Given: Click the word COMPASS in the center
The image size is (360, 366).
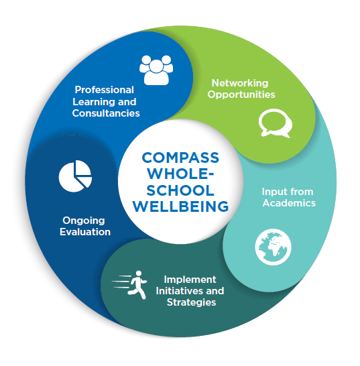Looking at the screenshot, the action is coord(180,158).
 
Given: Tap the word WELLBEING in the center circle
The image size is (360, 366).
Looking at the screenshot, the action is coord(180,206).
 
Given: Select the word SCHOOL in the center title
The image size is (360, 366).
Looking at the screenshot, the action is coord(180,190).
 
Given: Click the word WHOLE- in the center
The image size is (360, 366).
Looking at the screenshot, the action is coord(180,174).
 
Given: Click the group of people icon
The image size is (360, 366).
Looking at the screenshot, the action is coord(156,70).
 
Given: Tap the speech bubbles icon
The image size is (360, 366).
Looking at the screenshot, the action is coord(276,123).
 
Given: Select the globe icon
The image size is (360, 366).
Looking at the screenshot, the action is coord(273,247).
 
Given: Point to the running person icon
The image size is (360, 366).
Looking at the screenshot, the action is coord(130,285).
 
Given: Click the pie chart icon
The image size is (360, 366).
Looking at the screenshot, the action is coord(75,176).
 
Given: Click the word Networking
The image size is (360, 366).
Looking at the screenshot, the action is coord(240,83).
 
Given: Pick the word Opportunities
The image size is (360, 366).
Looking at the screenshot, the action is coord(241,95).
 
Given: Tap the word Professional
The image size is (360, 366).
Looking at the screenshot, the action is coord(105,90).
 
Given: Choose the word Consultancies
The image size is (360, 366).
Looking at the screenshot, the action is coord(106,113).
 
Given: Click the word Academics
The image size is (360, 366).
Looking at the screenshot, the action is coord(289,203).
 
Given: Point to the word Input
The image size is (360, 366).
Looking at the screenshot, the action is coord(273,192).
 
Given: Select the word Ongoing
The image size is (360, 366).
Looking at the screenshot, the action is coord(84,221).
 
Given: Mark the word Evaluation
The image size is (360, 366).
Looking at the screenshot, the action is coord(85,232).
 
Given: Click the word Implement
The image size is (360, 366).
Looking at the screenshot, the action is coord(190,280).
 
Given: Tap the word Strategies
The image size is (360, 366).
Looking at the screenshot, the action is coord(192,303).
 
